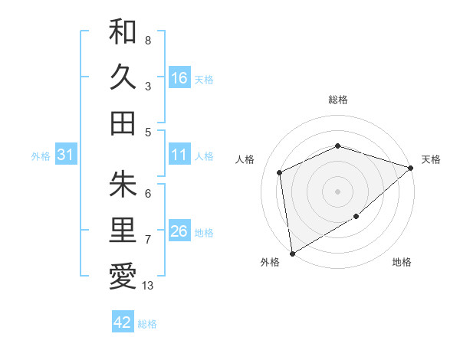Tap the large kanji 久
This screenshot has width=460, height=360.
pyautogui.click(x=123, y=77)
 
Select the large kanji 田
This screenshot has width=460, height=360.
pyautogui.click(x=123, y=123)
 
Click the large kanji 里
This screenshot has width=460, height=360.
pyautogui.click(x=123, y=230)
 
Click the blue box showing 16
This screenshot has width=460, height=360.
pyautogui.click(x=179, y=78)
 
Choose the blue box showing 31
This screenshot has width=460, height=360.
pyautogui.click(x=66, y=155)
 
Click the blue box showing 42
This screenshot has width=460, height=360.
pyautogui.click(x=123, y=322)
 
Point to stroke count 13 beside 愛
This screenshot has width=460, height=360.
pyautogui.click(x=148, y=286)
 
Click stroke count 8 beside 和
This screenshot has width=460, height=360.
pyautogui.click(x=147, y=40)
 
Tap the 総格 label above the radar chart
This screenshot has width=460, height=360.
pyautogui.click(x=338, y=100)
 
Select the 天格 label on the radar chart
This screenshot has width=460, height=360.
pyautogui.click(x=431, y=159)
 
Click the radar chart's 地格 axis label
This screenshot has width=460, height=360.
pyautogui.click(x=402, y=262)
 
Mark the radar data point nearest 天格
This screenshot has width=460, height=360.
pyautogui.click(x=411, y=168)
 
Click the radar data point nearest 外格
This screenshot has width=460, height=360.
pyautogui.click(x=292, y=253)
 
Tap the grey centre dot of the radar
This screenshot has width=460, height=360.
pyautogui.click(x=338, y=191)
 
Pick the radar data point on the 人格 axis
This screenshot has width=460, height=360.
pyautogui.click(x=280, y=172)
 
